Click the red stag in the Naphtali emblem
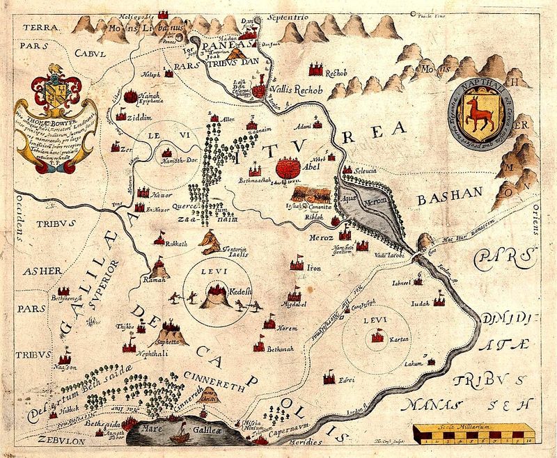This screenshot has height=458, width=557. coord(476,116)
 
